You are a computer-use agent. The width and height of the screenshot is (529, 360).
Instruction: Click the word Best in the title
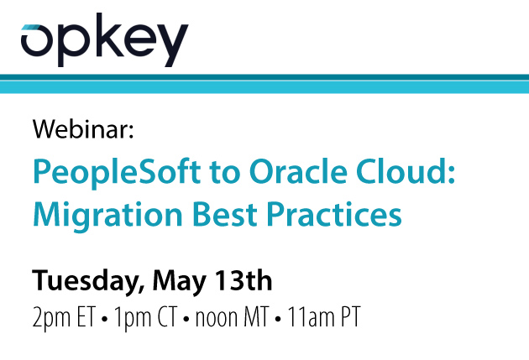tap(223, 213)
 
